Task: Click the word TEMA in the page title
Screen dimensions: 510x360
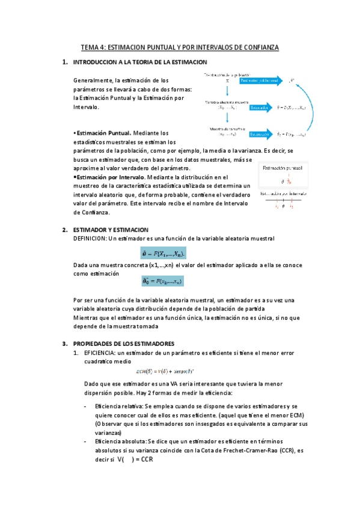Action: [x=91, y=48]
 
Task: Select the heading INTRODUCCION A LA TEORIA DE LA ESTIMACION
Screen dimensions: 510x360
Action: [x=139, y=63]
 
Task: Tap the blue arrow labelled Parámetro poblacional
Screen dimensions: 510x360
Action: [x=260, y=79]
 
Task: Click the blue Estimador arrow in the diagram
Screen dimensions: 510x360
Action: [x=260, y=108]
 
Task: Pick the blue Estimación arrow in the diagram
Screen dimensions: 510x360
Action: [x=261, y=134]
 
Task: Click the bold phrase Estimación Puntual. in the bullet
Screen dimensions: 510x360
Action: [x=103, y=133]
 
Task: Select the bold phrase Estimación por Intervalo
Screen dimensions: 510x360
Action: [x=110, y=177]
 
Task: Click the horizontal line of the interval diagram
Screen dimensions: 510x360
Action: [x=283, y=200]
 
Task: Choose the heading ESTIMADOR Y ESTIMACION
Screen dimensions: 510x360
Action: [x=110, y=230]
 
